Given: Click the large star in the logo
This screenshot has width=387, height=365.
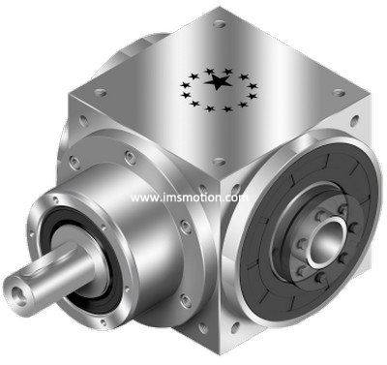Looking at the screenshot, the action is (219, 82).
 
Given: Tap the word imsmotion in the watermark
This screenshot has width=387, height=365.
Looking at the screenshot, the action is (191, 198).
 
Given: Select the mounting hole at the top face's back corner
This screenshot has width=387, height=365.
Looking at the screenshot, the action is (220, 23).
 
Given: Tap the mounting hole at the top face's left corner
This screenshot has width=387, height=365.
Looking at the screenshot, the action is (101, 93).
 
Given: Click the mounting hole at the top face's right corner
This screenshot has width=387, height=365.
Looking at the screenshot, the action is (339, 93).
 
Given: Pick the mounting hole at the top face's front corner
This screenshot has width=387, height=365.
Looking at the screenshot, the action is (220, 161).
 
